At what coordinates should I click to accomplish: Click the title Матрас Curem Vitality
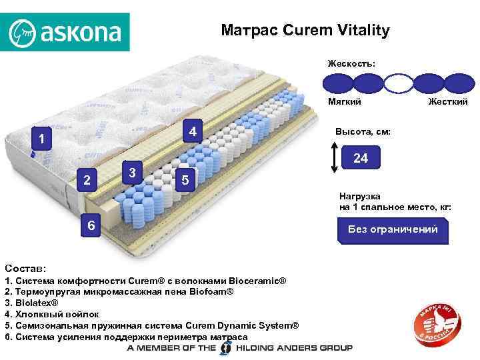pyautogui.click(x=305, y=31)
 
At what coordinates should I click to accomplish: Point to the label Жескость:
pyautogui.click(x=351, y=63)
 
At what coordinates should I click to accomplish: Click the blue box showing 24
pyautogui.click(x=361, y=159)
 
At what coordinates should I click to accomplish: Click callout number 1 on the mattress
pyautogui.click(x=41, y=140)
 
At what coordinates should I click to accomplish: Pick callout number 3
pyautogui.click(x=133, y=173)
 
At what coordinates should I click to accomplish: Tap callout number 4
pyautogui.click(x=192, y=131)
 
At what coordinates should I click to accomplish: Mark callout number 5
pyautogui.click(x=185, y=180)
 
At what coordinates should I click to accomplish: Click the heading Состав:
pyautogui.click(x=25, y=267)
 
